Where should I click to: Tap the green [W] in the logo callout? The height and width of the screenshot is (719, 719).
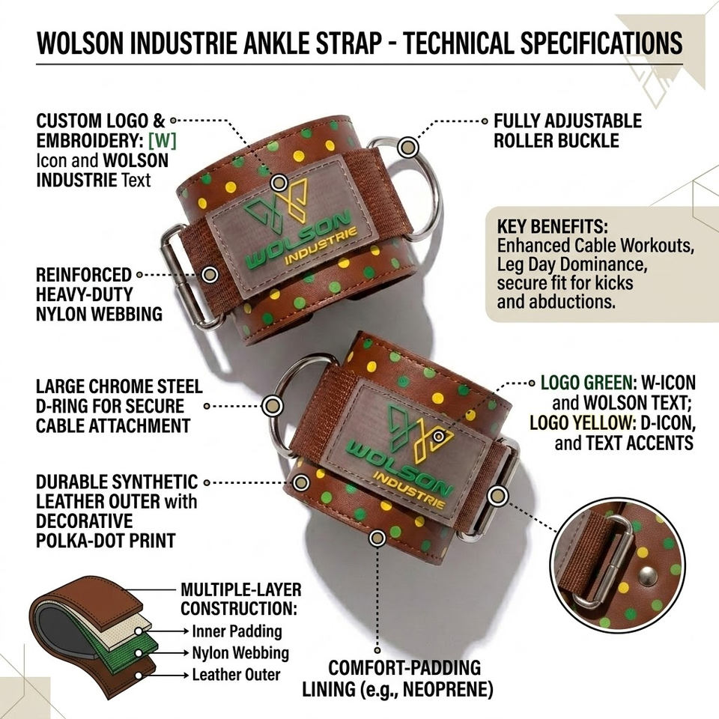tap(163, 141)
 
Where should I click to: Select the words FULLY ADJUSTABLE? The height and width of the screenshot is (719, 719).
tap(568, 121)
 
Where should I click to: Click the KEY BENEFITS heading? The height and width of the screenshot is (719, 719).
tap(553, 226)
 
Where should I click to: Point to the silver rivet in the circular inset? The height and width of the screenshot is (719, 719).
tap(647, 573)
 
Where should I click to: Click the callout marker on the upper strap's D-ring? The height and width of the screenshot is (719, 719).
tap(407, 148)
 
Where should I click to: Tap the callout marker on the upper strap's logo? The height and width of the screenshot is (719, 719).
tap(279, 183)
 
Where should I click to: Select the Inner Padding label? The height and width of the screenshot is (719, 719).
tap(237, 631)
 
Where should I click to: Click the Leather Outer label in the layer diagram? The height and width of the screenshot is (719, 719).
tap(236, 675)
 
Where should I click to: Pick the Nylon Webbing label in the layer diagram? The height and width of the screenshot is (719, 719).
tap(240, 653)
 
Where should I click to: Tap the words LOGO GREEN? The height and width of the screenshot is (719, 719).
tap(586, 383)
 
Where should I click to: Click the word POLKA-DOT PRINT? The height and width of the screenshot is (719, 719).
tap(106, 540)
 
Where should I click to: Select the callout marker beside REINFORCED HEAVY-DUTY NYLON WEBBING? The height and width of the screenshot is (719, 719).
tap(210, 274)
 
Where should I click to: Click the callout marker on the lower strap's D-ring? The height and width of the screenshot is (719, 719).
tap(272, 406)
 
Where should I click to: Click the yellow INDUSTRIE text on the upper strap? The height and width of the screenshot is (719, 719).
tap(321, 246)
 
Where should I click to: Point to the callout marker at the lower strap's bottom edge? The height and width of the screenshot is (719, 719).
tap(377, 538)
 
